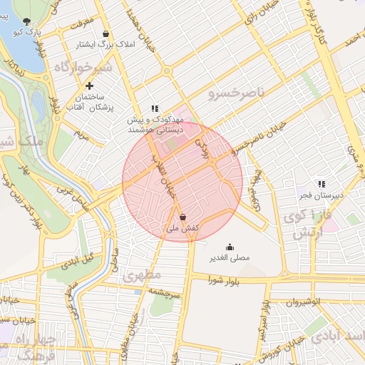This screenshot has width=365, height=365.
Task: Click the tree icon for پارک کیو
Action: (27, 21)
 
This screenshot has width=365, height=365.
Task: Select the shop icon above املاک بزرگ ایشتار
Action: (106, 34)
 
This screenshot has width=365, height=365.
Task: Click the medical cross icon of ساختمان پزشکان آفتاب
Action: (88, 86)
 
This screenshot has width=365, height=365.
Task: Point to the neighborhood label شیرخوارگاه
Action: (82, 67)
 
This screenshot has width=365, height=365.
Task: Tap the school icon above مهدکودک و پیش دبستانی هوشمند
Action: (155, 108)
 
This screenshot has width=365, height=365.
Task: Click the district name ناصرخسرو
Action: (236, 93)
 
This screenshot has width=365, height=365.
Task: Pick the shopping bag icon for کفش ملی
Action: (183, 217)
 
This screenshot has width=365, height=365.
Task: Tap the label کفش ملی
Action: (182, 228)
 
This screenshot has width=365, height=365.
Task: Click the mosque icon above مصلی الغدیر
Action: (229, 246)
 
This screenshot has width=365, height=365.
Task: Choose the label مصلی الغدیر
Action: (229, 257)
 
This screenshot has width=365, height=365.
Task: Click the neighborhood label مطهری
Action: (143, 274)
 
